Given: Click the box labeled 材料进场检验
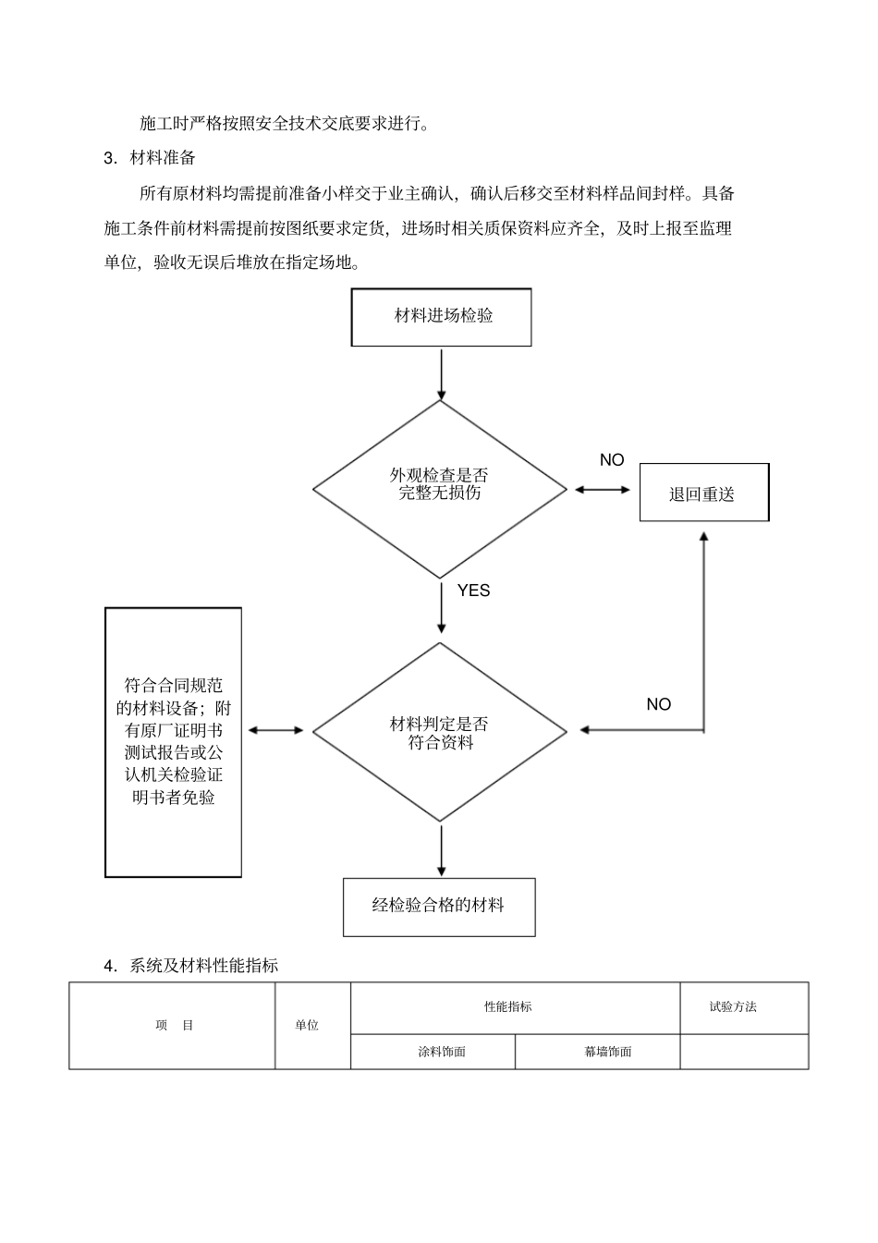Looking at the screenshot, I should tap(442, 317).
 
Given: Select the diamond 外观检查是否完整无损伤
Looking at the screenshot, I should tap(440, 489).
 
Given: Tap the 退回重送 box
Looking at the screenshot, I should tap(703, 493).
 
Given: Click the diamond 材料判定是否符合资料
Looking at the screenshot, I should tap(440, 732).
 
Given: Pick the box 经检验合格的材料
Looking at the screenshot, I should tap(439, 907).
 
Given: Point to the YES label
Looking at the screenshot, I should tap(473, 591).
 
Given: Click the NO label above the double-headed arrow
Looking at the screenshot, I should tap(612, 460).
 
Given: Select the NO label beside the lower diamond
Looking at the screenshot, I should tap(658, 704).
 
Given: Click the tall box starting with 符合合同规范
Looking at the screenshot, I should tap(174, 742).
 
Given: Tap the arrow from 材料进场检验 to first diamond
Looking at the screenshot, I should tap(442, 372).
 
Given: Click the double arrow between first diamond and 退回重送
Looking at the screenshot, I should tap(602, 490).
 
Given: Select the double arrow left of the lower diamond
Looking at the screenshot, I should tap(275, 731).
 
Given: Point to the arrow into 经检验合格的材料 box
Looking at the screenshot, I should tap(442, 850).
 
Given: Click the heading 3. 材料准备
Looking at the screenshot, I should tap(151, 158).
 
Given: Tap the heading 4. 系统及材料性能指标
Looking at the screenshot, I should tap(191, 966).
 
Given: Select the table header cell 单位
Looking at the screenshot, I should tap(308, 1025).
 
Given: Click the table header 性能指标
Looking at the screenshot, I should tap(507, 1006).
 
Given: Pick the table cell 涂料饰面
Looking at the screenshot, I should tap(442, 1052).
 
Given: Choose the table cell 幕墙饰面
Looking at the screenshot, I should tap(607, 1052).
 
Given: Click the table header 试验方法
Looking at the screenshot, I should tap(733, 1006).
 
